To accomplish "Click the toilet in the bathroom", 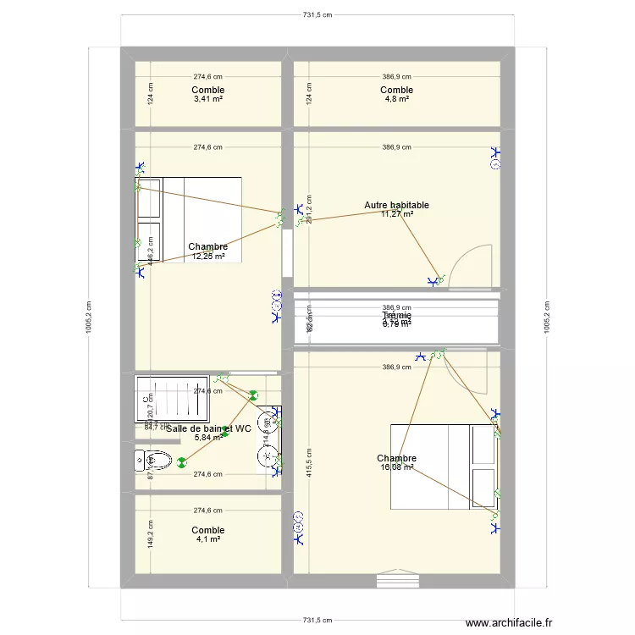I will click(152, 461).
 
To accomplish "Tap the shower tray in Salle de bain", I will click(172, 398).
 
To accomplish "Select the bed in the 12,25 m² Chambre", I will click(190, 219).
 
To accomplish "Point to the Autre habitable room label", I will click(396, 205).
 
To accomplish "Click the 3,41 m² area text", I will click(207, 99).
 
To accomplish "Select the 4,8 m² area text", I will click(396, 99).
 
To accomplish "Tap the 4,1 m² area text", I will click(207, 539).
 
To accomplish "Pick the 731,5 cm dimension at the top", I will click(317, 15).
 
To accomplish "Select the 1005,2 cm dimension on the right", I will click(546, 317).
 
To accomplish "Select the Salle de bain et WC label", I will click(208, 428).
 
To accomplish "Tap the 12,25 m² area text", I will click(207, 257).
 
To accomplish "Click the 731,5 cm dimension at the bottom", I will click(317, 620).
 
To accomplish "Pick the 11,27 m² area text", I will click(396, 214).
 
